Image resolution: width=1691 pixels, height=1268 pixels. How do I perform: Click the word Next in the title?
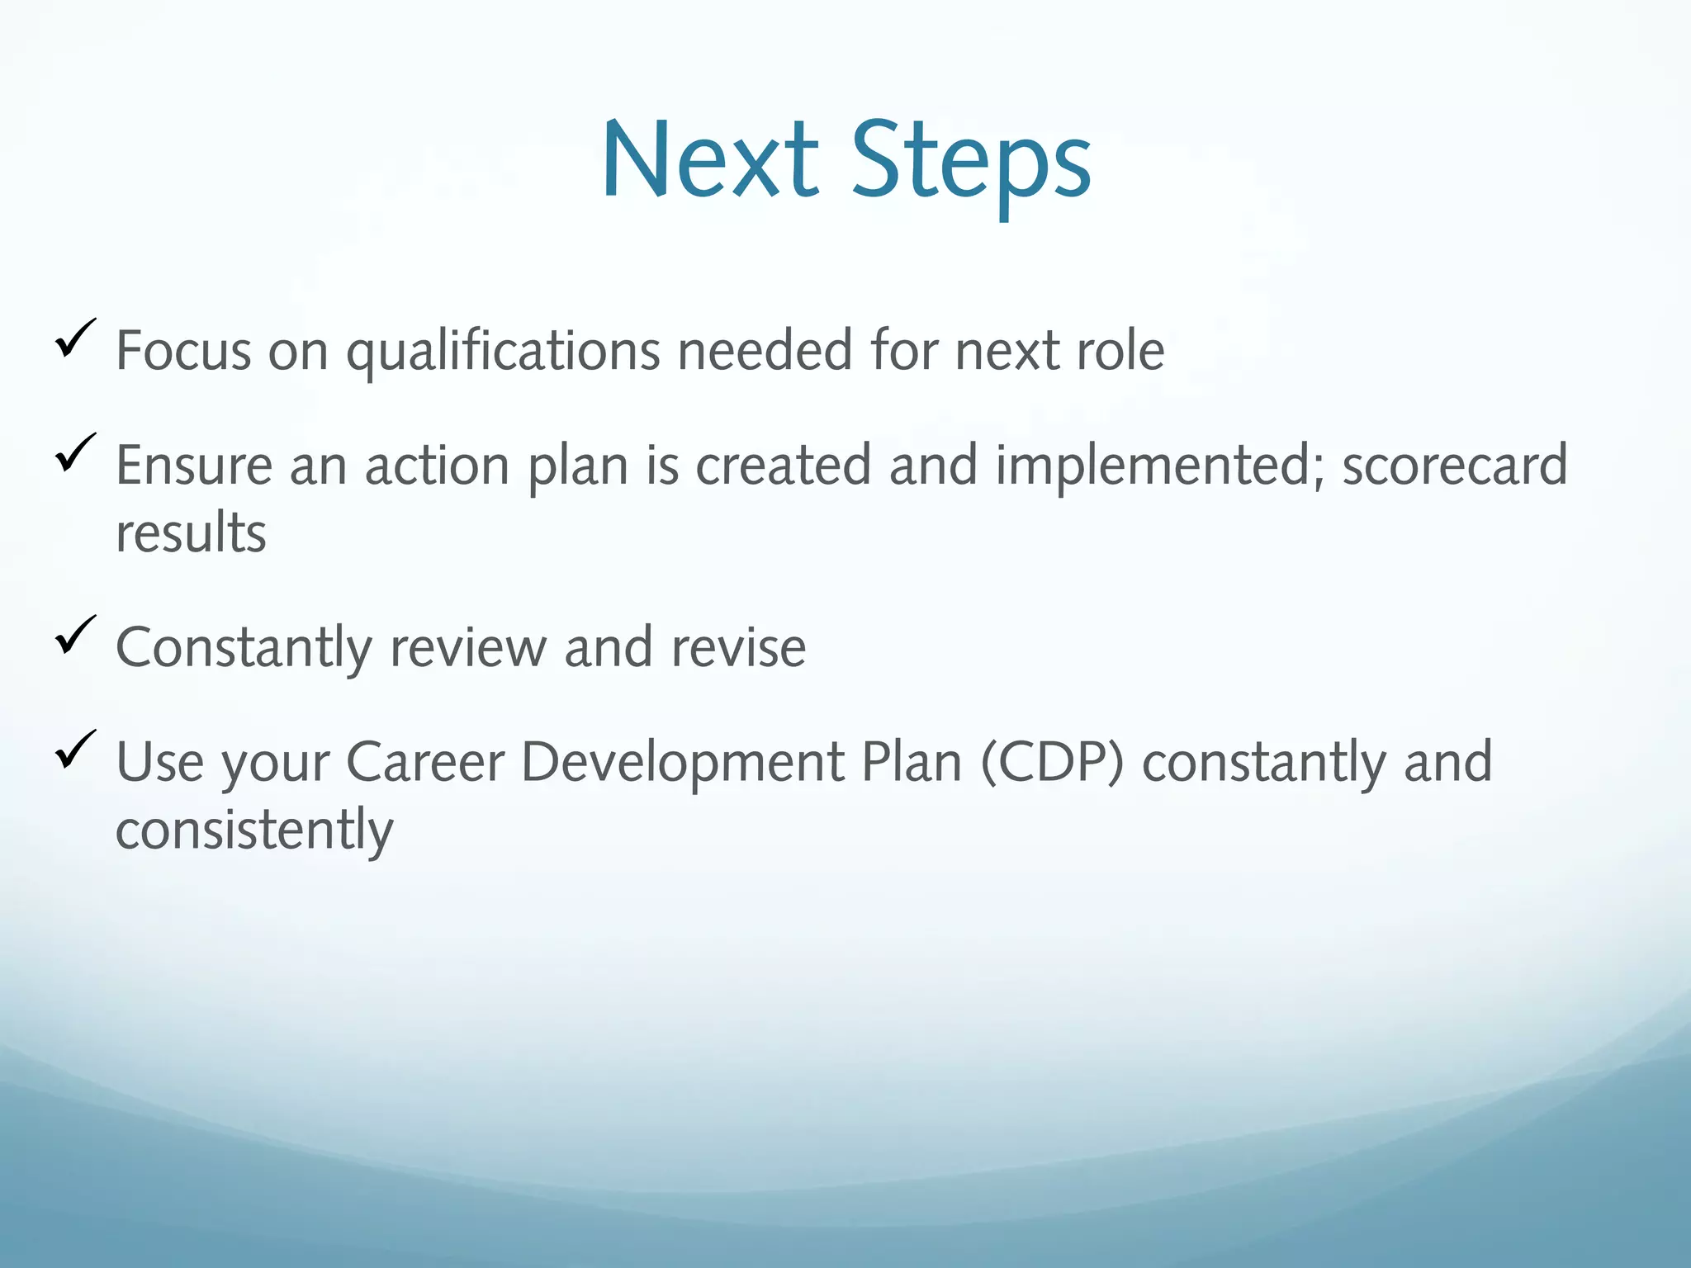point(710,161)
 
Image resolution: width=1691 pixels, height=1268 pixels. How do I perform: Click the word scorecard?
point(1454,466)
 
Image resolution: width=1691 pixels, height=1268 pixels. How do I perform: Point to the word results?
point(191,533)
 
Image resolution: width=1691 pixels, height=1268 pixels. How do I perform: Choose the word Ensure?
point(194,466)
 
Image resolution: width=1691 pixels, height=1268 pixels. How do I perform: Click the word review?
point(467,648)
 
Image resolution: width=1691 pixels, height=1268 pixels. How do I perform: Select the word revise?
point(737,648)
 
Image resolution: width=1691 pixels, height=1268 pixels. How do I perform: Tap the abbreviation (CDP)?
point(1052,762)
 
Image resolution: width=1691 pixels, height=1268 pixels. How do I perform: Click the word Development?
point(682,764)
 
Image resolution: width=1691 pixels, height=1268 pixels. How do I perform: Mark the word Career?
point(424,762)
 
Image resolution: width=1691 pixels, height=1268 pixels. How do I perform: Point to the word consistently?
point(254,830)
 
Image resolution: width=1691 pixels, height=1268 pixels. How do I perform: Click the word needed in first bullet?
point(765,351)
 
